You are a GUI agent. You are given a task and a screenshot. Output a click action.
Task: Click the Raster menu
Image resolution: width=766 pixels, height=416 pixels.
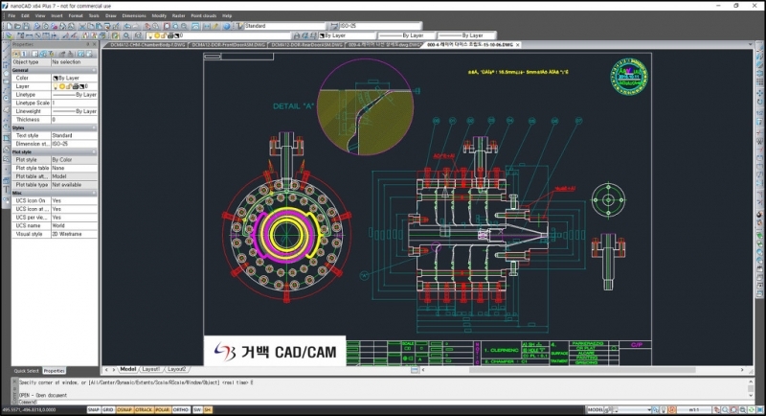click(178, 16)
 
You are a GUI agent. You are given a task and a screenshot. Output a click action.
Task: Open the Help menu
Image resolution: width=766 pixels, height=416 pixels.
click(227, 16)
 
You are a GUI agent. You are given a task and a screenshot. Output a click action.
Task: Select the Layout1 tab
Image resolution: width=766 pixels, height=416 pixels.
click(151, 368)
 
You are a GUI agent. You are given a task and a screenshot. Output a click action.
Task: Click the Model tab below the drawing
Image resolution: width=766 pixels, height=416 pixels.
click(128, 368)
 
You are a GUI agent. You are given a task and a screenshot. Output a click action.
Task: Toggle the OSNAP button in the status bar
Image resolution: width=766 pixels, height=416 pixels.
click(124, 409)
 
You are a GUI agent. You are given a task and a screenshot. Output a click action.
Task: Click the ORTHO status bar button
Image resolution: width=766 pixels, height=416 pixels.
click(180, 409)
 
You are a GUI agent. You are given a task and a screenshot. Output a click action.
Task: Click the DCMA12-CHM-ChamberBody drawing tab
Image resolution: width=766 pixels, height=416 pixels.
click(145, 44)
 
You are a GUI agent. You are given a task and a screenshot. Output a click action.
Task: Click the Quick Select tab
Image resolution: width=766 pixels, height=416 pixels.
click(26, 370)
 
